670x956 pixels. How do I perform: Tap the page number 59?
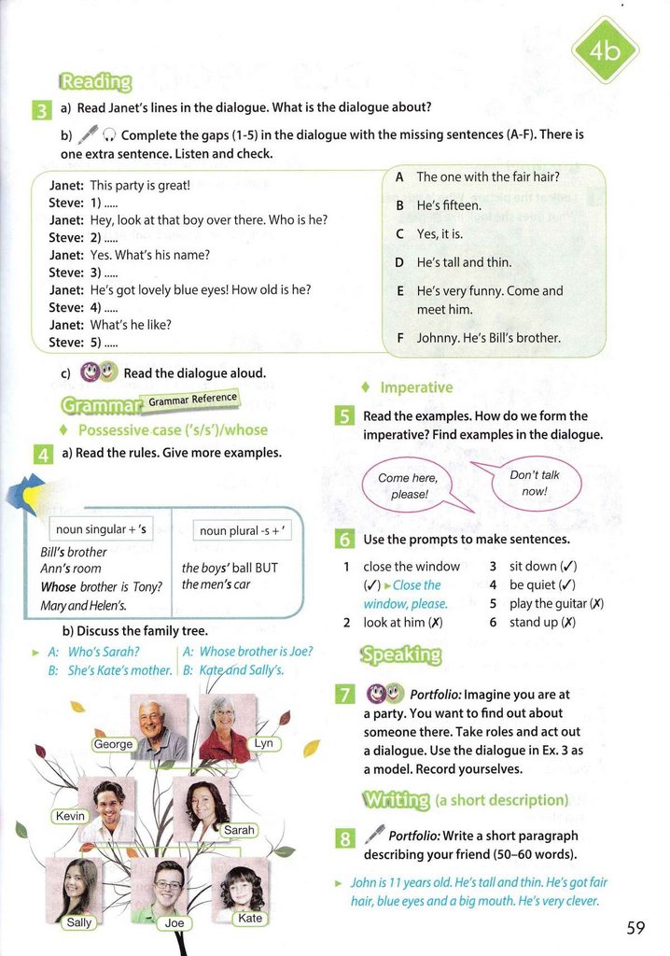tap(635, 927)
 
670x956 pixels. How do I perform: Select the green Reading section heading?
tap(95, 81)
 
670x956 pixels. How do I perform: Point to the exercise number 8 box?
tap(343, 837)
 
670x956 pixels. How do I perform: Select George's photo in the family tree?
tap(160, 724)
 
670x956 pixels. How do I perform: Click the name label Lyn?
tap(264, 743)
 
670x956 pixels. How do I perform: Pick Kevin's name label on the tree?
tap(71, 816)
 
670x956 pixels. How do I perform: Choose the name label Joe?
tap(174, 922)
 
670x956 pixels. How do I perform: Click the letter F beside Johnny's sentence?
tap(399, 338)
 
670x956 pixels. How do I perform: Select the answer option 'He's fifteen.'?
tap(449, 205)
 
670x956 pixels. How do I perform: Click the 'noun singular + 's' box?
tap(103, 530)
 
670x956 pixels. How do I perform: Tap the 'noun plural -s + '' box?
tap(237, 530)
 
